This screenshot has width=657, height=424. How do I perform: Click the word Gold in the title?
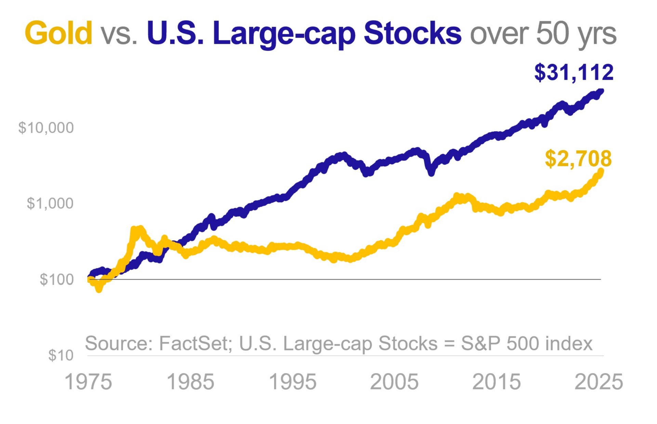point(58,33)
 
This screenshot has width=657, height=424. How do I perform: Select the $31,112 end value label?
point(574,73)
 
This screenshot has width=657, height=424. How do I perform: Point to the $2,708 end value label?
point(578,159)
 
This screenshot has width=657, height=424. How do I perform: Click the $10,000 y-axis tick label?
point(46,128)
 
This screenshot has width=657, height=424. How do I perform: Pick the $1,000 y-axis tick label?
point(50,203)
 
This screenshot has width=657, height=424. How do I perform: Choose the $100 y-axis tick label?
point(56,279)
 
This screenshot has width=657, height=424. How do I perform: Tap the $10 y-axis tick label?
point(61,355)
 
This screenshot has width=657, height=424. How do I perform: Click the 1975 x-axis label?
point(88,382)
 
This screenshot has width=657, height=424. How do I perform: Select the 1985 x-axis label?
point(190,382)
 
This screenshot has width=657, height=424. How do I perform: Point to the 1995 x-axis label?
point(292,382)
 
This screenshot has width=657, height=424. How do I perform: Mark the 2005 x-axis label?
point(394,382)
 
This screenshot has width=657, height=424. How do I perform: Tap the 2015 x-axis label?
point(496,382)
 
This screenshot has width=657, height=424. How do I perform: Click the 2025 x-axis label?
point(599,382)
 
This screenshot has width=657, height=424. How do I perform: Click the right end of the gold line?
point(601,171)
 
